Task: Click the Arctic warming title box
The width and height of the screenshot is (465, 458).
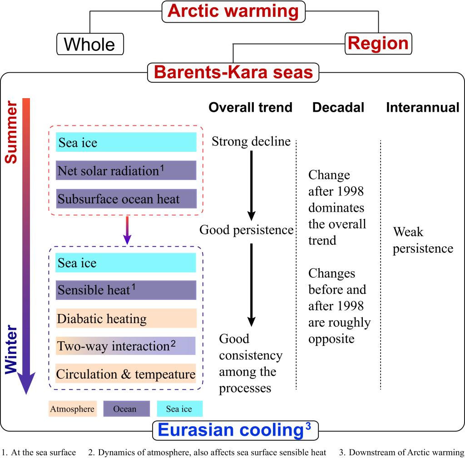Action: (233, 11)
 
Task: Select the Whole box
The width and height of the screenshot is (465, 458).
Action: (90, 44)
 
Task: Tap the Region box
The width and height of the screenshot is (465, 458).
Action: (378, 44)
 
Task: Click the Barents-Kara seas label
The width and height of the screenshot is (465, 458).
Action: (233, 72)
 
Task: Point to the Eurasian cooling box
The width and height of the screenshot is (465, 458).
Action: (235, 430)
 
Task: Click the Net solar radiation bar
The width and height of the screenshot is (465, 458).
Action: (126, 170)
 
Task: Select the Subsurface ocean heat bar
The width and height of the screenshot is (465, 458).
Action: (126, 199)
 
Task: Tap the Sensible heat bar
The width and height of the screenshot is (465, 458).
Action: (126, 290)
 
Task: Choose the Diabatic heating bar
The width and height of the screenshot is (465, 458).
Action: (126, 319)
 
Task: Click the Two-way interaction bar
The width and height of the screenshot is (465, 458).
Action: (125, 346)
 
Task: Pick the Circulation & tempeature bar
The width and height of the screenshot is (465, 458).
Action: (126, 373)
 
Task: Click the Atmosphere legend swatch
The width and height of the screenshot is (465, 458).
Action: (73, 409)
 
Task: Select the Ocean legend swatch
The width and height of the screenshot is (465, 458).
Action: (127, 409)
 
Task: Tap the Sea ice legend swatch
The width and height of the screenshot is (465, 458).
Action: (180, 409)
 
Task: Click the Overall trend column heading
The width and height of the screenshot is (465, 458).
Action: (251, 107)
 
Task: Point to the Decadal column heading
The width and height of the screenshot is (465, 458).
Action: (338, 107)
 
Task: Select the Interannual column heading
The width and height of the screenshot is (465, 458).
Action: (423, 107)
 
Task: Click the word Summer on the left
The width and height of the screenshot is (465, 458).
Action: (11, 132)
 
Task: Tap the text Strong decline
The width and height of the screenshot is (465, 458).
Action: (251, 141)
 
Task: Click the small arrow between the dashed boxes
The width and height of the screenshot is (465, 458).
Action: (127, 230)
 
